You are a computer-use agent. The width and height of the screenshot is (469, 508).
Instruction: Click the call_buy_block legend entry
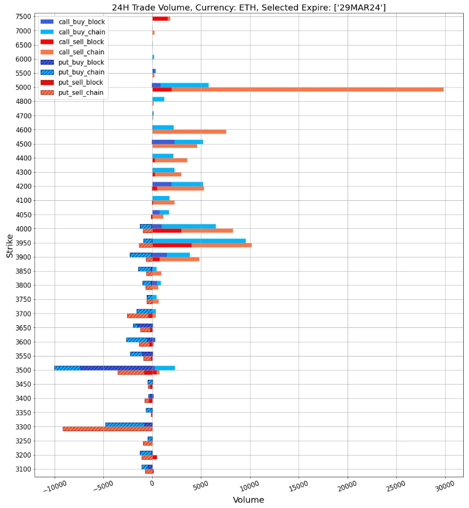[x=81, y=22]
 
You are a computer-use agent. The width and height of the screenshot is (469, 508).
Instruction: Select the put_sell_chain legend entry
[x=81, y=93]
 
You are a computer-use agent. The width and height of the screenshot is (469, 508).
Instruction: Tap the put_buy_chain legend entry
[x=81, y=73]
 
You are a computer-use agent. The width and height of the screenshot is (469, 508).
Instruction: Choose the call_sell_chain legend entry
[x=81, y=52]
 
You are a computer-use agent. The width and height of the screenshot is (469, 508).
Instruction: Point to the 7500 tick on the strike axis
[x=23, y=16]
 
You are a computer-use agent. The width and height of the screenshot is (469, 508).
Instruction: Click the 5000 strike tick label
[x=23, y=87]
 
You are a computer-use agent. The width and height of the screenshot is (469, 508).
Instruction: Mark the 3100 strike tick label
[x=23, y=469]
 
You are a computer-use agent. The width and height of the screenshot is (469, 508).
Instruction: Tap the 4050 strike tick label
[x=23, y=215]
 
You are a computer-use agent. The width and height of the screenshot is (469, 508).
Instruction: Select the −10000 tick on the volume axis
[x=54, y=486]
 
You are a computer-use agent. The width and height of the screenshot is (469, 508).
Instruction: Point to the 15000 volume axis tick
[x=298, y=486]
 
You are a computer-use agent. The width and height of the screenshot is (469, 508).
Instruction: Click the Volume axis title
[x=249, y=500]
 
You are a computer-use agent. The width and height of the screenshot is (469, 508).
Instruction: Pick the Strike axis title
[x=10, y=246]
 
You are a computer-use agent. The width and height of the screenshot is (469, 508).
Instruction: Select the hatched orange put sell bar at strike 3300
[x=106, y=429]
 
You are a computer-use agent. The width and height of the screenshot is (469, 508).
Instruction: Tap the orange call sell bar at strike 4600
[x=189, y=131]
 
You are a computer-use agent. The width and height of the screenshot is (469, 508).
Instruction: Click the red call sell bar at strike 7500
[x=160, y=19]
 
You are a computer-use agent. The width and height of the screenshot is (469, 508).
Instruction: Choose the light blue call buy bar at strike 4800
[x=158, y=99]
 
